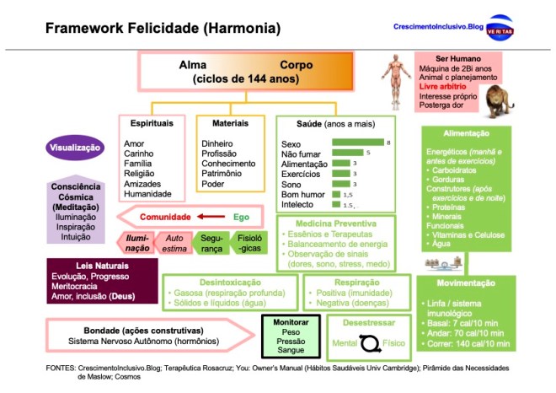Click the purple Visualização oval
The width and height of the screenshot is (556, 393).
coord(74,148)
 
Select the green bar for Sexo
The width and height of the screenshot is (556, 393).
coord(358,143)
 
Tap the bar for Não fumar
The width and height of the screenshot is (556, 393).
coord(348,153)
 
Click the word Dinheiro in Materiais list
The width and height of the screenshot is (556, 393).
coord(217,144)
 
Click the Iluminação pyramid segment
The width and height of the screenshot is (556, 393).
coord(137,244)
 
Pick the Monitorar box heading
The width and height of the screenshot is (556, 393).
coord(291,323)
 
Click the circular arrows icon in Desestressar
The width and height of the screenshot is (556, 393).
coord(371,342)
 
